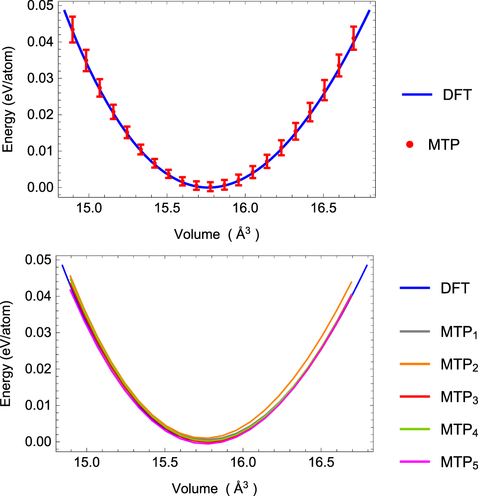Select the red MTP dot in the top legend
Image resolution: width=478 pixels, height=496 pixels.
(x=410, y=144)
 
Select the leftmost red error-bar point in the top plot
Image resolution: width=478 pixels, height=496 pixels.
(x=72, y=29)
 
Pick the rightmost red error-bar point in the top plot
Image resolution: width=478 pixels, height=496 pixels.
(x=354, y=38)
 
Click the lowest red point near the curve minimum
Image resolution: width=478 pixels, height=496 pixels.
(x=210, y=187)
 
